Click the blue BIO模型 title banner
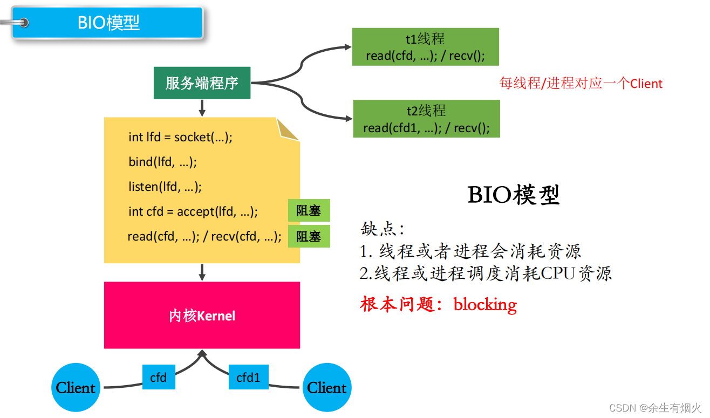pos(108,23)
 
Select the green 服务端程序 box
pos(202,83)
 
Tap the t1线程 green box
pos(425,47)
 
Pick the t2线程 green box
pos(426,119)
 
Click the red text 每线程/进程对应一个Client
pos(581,84)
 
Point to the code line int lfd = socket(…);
pos(180,137)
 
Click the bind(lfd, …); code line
pos(162,162)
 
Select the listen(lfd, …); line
pos(165,187)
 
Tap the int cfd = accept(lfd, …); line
pos(193,211)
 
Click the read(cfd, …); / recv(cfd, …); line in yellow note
pos(204,236)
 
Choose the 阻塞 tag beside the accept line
pos(309,210)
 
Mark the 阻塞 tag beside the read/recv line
pos(309,236)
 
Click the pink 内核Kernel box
pos(202,316)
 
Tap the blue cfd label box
pos(159,378)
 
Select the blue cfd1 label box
pos(248,378)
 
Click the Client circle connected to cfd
pos(76,387)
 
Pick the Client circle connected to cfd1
pos(327,387)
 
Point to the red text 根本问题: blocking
pos(438,304)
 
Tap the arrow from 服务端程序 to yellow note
pos(202,108)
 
